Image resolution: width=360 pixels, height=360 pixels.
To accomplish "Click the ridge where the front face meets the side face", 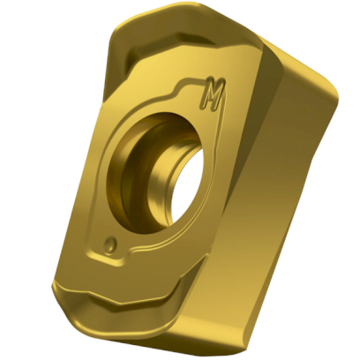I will (x=233, y=176).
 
